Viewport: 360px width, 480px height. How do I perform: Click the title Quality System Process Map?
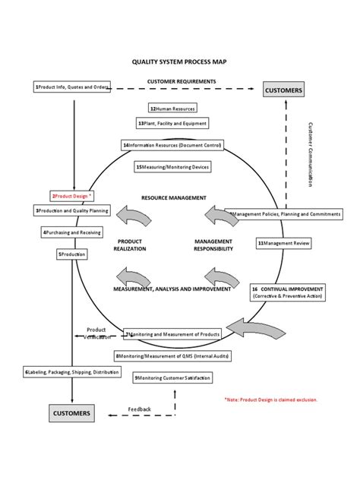tap(179, 66)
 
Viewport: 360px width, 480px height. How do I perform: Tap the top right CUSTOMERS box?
tap(284, 90)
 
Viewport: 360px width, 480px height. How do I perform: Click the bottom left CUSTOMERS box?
tap(71, 414)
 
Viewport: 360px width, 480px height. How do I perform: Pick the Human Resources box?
tap(177, 109)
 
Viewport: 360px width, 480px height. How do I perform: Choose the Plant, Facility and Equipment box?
tap(172, 123)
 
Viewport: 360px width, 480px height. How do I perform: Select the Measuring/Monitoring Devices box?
tap(172, 166)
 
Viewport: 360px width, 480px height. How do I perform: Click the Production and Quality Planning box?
tap(72, 210)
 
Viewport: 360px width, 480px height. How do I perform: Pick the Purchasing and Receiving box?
tap(71, 232)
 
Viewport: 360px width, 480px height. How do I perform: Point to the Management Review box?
tap(283, 244)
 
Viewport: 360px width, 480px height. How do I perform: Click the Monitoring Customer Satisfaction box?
tap(172, 377)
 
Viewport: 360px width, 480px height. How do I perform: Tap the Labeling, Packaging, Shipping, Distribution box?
tap(71, 372)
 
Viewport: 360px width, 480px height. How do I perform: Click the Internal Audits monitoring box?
tap(172, 355)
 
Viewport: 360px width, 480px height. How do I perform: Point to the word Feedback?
tap(140, 409)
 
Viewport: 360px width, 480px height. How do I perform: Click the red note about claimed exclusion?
tap(271, 399)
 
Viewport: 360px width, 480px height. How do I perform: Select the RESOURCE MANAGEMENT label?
tap(174, 197)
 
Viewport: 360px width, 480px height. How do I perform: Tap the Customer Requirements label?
tap(182, 81)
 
